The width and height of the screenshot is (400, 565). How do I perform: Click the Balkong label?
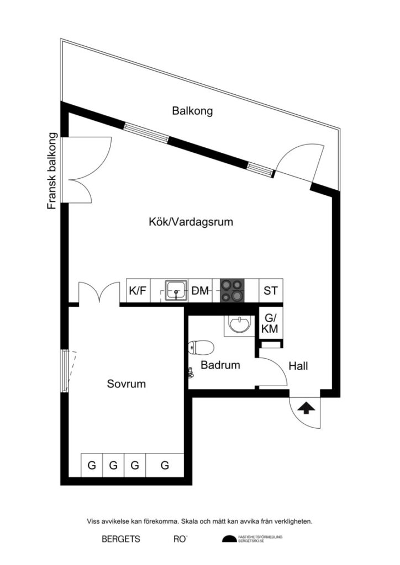(192, 111)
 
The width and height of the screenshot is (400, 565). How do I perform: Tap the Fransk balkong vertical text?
(52, 171)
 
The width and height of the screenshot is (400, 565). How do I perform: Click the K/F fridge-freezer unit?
(138, 291)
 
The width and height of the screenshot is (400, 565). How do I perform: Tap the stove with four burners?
(232, 290)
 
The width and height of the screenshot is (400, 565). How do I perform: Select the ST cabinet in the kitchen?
(271, 291)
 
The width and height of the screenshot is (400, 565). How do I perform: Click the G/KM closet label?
(270, 323)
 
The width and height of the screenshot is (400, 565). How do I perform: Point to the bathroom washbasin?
(239, 326)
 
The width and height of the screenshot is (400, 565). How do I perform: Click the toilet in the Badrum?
(201, 348)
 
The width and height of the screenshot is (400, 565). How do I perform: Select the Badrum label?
(220, 365)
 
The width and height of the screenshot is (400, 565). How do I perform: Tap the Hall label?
(298, 366)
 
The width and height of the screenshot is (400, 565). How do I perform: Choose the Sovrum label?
(127, 384)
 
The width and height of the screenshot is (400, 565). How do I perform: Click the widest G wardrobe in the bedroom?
(165, 466)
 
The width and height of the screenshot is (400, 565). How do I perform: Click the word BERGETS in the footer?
(121, 539)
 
